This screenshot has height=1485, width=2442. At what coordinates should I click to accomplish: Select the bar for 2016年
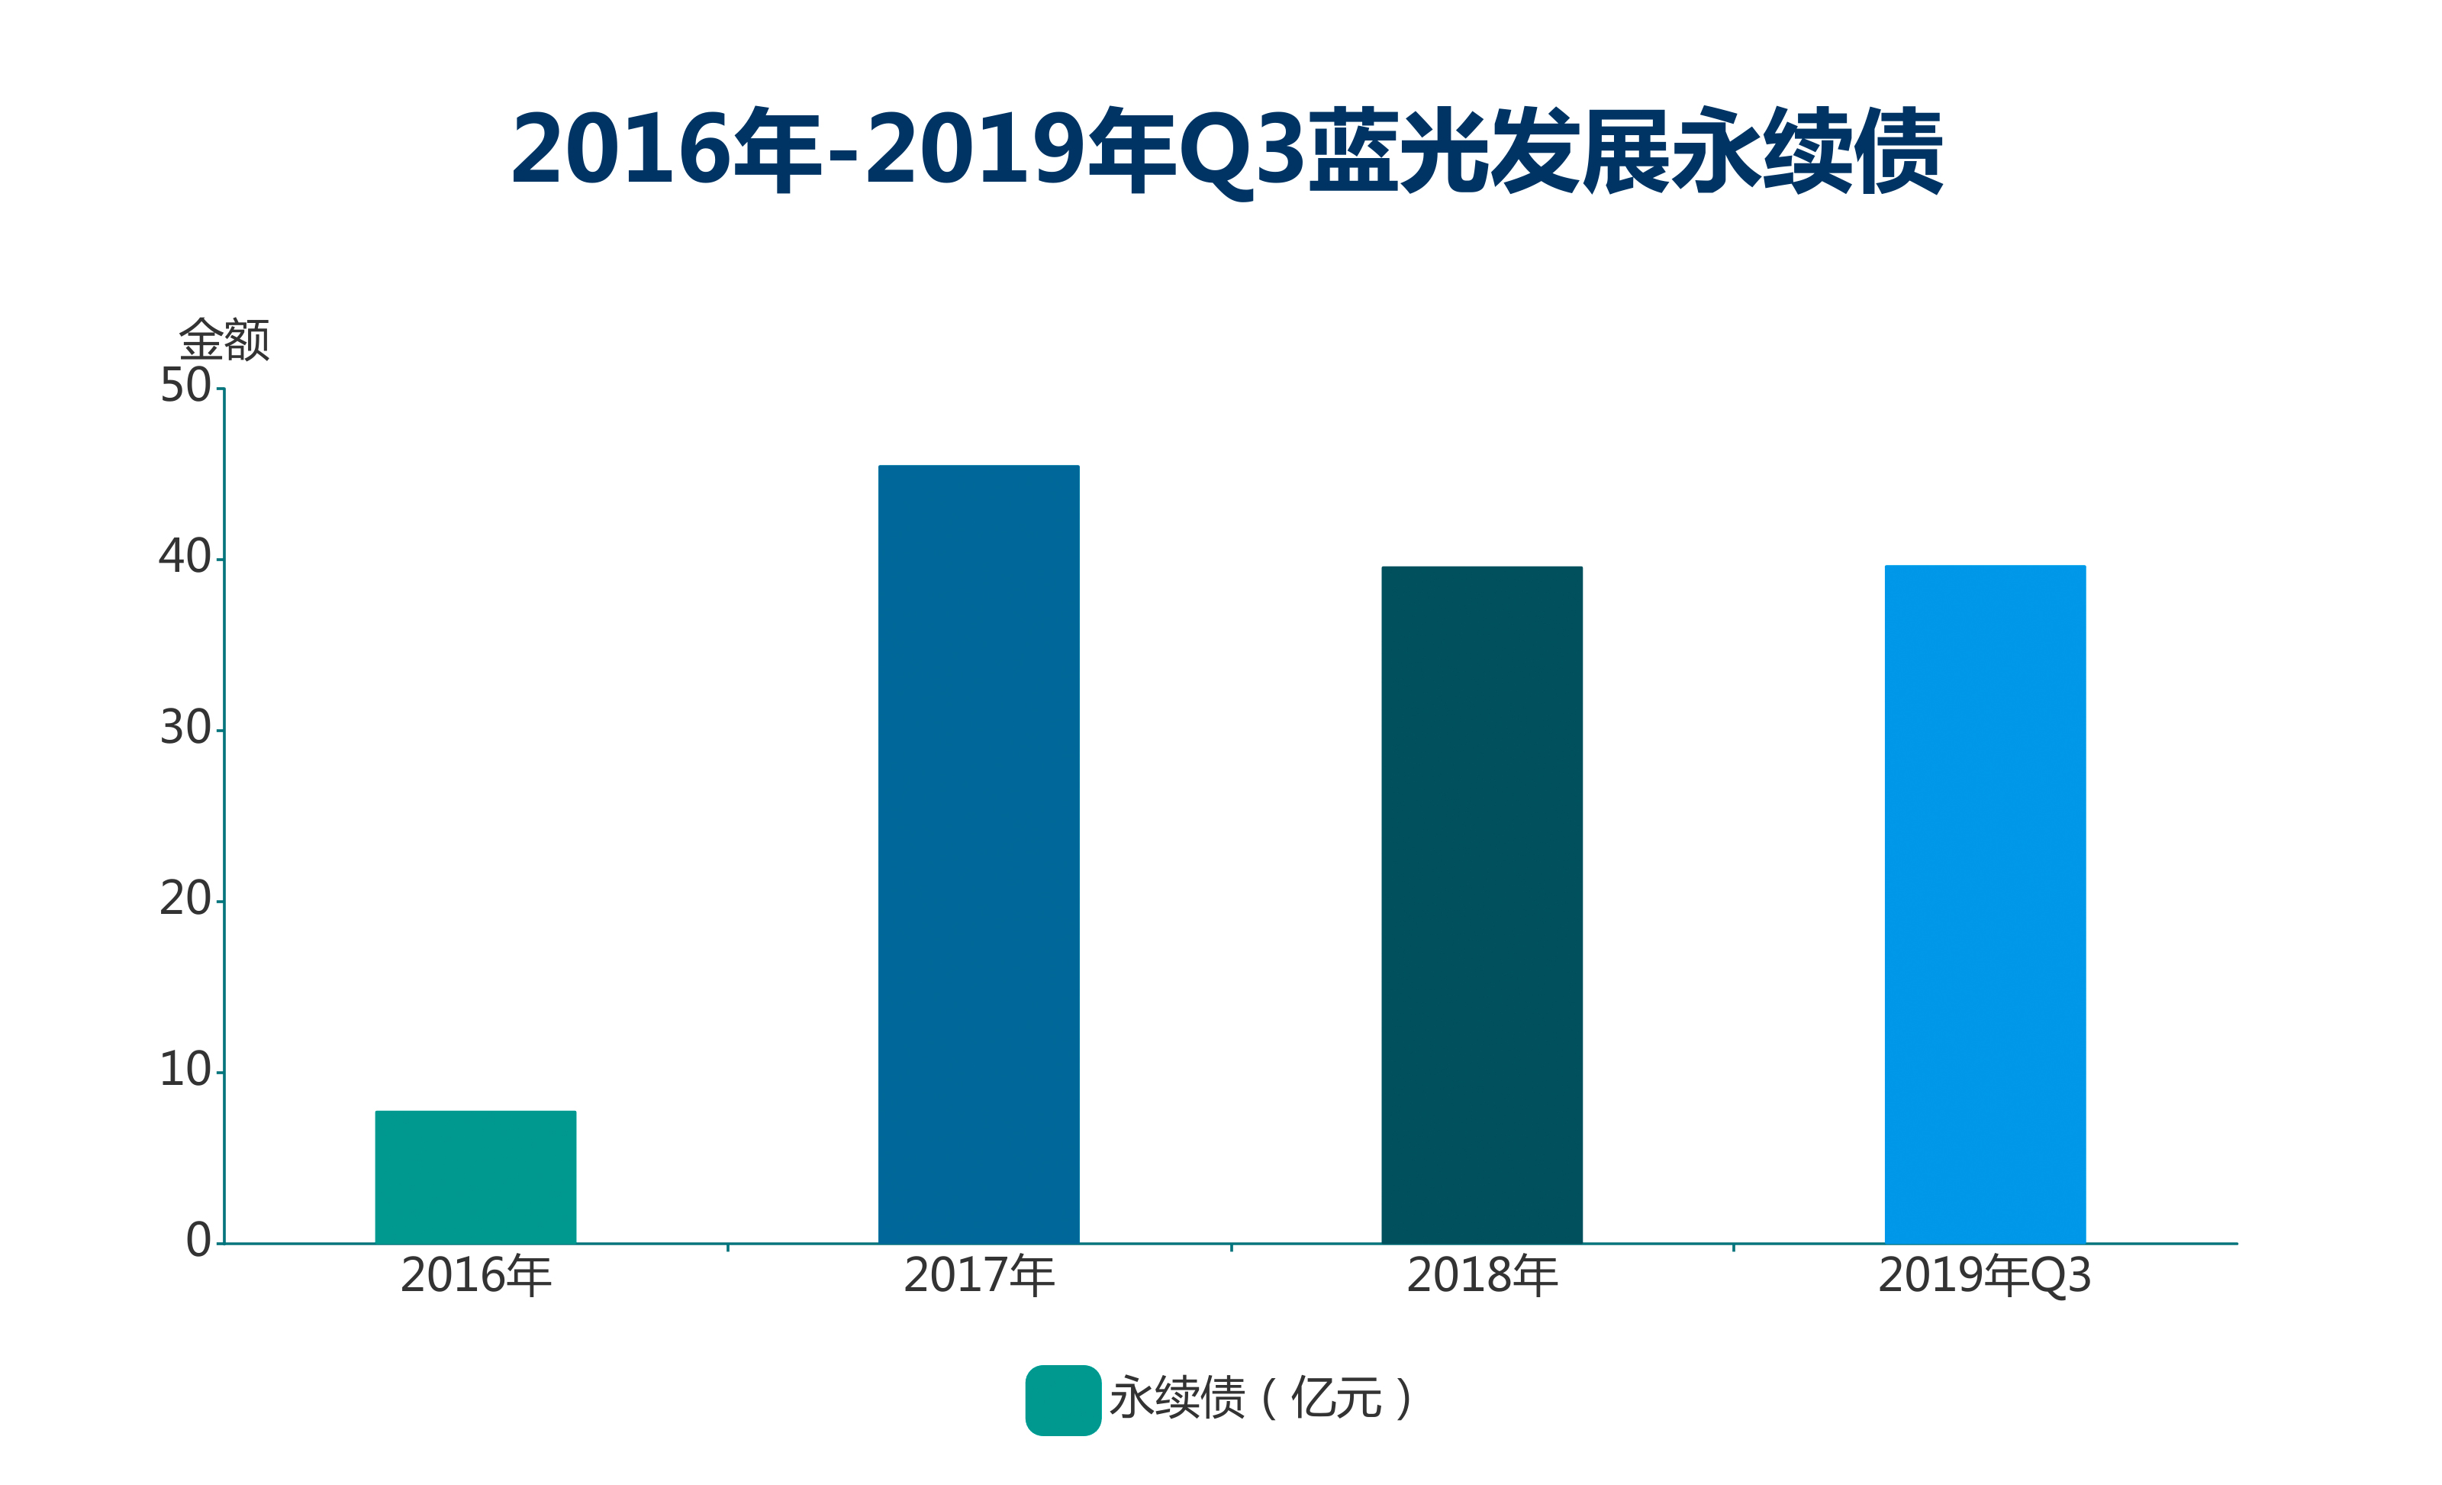coord(475,1177)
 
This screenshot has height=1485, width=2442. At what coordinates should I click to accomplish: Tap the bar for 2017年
coord(978,854)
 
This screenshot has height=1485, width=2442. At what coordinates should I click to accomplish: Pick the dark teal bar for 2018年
coord(1482,904)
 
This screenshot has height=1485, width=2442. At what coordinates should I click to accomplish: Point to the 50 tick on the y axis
coord(185,386)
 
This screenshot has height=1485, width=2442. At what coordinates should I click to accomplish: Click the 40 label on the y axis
coord(185,557)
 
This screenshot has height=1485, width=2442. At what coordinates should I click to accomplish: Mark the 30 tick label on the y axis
coord(185,728)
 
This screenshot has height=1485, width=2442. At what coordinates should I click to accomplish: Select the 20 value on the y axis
coord(185,899)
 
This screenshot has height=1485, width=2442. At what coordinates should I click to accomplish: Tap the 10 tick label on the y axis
coord(185,1070)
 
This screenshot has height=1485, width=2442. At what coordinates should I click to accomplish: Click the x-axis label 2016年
coord(475,1276)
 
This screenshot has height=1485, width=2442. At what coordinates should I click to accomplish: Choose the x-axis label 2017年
coord(979,1276)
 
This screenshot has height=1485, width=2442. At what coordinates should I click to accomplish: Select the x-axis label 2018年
coord(1483,1276)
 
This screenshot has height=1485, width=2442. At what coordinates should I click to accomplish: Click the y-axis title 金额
coord(224,340)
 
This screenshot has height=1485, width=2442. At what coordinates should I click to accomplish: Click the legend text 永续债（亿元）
coord(1261,1399)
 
